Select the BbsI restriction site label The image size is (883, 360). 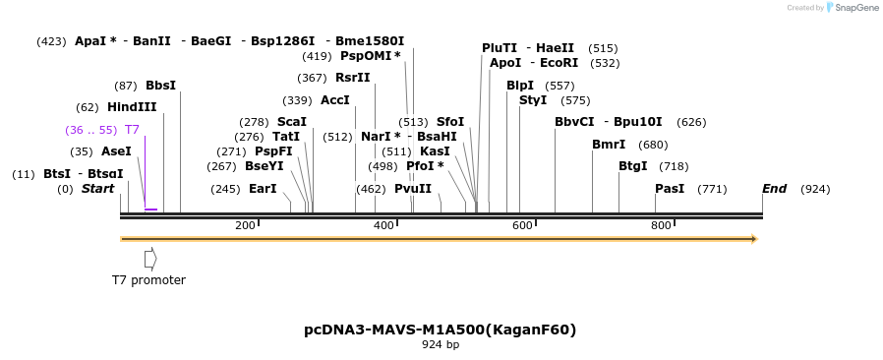click(x=160, y=86)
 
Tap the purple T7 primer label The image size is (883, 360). click(x=132, y=130)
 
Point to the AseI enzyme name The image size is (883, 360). click(x=116, y=151)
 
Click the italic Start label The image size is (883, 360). click(x=97, y=189)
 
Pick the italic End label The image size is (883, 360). click(x=774, y=189)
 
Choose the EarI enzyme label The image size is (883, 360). click(x=263, y=189)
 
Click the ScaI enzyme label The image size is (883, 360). click(x=291, y=122)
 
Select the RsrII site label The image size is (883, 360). click(x=353, y=78)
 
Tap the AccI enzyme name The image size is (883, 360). click(x=335, y=100)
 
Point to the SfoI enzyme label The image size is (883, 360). click(x=450, y=122)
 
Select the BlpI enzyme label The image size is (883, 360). click(x=520, y=86)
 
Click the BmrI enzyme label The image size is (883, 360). click(x=609, y=145)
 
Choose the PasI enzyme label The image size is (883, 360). click(x=670, y=189)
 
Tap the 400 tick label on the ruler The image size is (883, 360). click(x=383, y=225)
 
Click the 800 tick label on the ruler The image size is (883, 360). click(x=661, y=225)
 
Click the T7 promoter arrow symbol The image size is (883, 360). click(x=150, y=259)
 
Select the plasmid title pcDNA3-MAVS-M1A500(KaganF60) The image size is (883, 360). click(x=441, y=330)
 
